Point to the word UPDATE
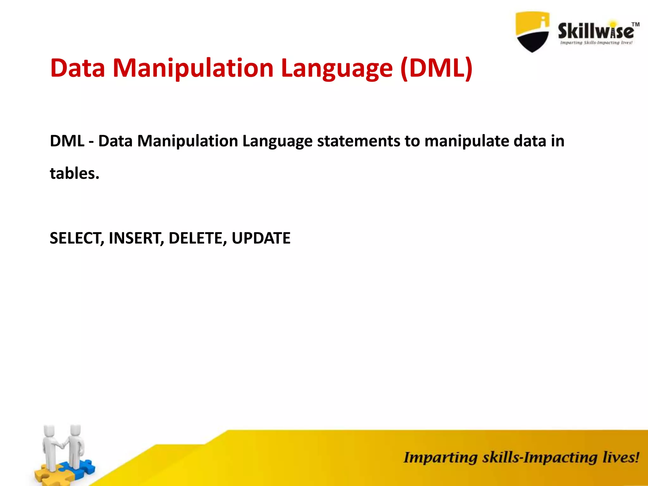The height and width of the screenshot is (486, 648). pyautogui.click(x=261, y=238)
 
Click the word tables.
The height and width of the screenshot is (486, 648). pyautogui.click(x=75, y=173)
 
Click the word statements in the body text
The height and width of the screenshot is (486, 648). pyautogui.click(x=358, y=141)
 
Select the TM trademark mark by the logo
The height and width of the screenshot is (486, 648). pyautogui.click(x=635, y=24)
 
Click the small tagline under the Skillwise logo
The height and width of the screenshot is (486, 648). pyautogui.click(x=596, y=43)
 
